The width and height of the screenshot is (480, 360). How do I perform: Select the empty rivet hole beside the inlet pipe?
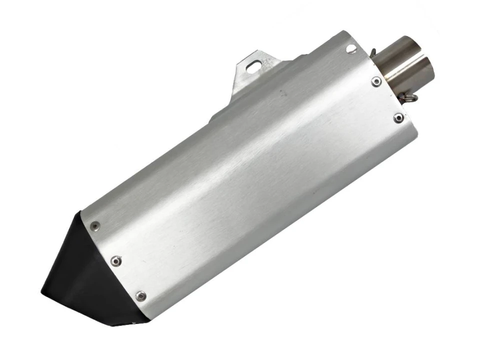(x=351, y=48)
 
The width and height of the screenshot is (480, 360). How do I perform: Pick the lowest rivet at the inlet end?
(x=398, y=118)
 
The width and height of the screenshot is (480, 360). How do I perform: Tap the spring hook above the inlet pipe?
(x=374, y=50)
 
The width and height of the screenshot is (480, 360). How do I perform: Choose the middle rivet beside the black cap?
(x=116, y=260)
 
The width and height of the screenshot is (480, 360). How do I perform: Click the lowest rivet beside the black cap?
(x=141, y=295)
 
